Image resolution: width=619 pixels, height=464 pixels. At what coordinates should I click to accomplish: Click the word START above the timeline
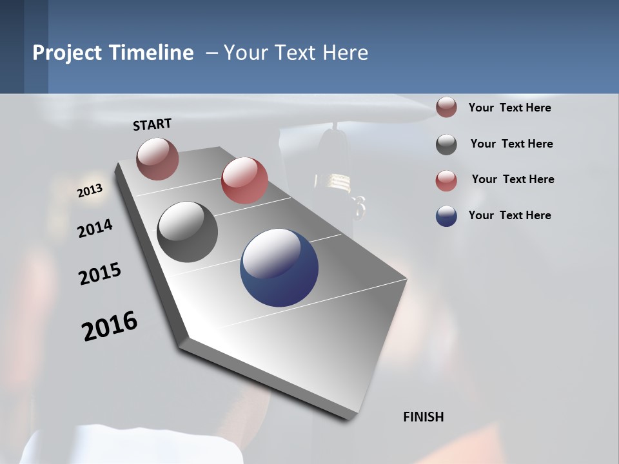pos(152,124)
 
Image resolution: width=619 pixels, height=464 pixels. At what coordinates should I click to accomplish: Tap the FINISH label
pos(423,417)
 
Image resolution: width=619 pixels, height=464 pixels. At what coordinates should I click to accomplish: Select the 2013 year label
pos(90,191)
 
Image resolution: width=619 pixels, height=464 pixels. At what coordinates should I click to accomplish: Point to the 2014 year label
pos(95,228)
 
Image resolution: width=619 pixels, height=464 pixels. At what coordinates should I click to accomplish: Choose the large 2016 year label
pos(110,326)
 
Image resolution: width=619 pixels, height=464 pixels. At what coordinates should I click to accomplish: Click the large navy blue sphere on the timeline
pos(279,267)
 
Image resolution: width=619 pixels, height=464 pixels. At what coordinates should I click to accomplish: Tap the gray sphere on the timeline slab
pos(187,232)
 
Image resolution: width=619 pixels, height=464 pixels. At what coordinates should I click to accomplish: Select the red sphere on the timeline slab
pos(244,180)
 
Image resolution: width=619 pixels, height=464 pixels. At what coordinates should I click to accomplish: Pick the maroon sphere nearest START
pos(157,159)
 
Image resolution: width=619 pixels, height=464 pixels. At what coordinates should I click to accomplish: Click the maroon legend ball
pos(446,108)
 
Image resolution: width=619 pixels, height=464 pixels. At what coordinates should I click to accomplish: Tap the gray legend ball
pos(446,144)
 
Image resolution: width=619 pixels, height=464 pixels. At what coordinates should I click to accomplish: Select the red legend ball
pos(446,180)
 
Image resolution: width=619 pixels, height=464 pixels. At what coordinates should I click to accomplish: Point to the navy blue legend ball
pos(446,216)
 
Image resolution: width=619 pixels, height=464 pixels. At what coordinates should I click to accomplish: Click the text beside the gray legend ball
pos(511,144)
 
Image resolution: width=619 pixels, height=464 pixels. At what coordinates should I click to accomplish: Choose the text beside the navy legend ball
pos(509,215)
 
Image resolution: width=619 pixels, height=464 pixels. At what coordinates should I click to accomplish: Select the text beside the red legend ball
pos(513,179)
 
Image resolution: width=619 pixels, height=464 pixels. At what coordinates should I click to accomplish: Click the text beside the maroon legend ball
pos(509,108)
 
